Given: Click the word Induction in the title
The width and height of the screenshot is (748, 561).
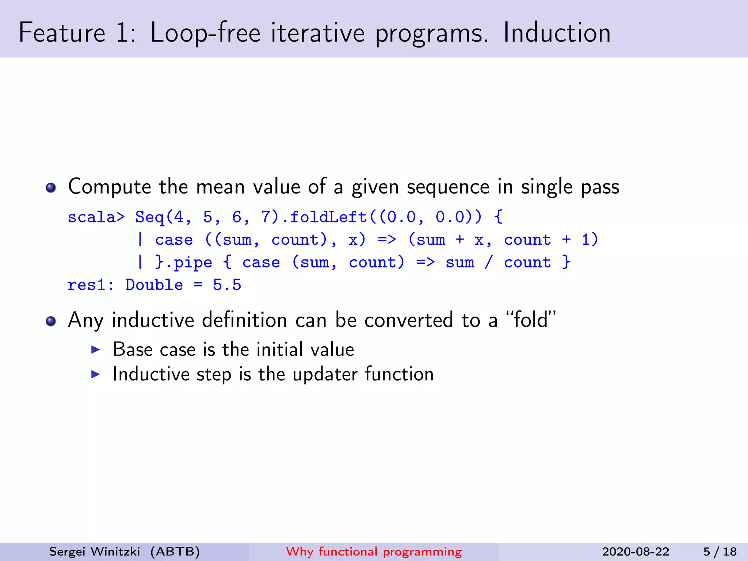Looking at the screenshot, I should click(557, 33).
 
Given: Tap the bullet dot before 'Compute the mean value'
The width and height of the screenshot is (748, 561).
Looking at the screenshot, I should click(51, 188).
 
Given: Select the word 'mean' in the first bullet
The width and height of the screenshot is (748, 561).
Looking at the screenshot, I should click(220, 187).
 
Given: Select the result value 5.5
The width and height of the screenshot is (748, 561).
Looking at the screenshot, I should click(227, 285).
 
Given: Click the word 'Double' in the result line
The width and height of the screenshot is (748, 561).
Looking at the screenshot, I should click(154, 285).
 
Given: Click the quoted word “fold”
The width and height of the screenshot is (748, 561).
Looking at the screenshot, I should click(531, 320).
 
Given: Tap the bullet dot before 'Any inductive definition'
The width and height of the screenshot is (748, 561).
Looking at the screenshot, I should click(51, 321).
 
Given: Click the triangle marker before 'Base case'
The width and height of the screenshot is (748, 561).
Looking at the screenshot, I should click(95, 350).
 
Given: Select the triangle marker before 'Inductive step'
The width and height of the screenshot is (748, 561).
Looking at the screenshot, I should click(95, 374).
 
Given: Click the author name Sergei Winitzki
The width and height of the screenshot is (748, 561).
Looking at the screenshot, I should click(95, 552).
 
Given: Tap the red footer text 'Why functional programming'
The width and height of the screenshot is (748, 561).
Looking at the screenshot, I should click(374, 552).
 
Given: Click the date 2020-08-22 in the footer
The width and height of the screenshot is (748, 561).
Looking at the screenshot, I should click(636, 552).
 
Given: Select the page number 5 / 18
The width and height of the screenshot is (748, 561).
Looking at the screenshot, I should click(720, 552).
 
